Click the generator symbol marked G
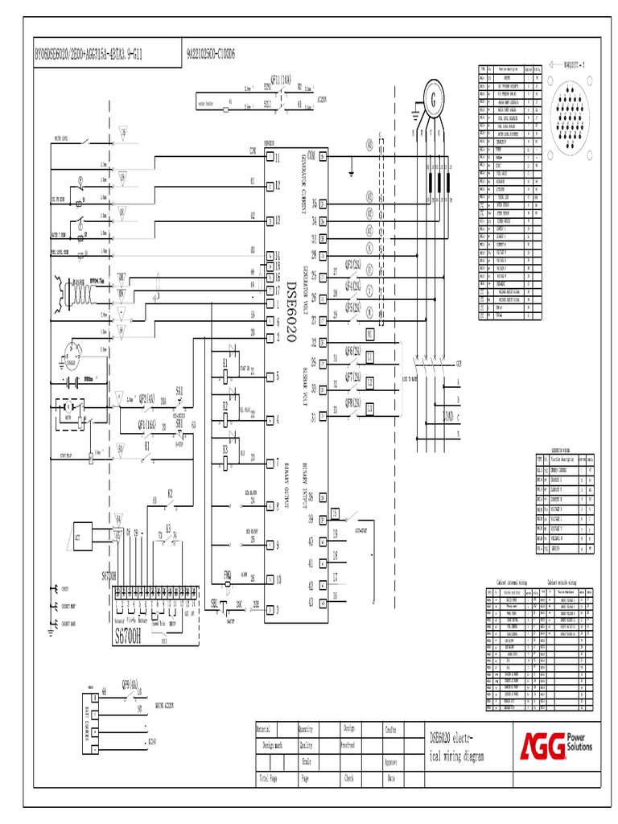click(435, 101)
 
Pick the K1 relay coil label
click(225, 363)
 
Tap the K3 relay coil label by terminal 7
click(225, 449)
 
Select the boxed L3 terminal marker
click(370, 410)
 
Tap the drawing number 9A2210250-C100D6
click(210, 56)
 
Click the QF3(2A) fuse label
click(353, 262)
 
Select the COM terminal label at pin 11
click(253, 150)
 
